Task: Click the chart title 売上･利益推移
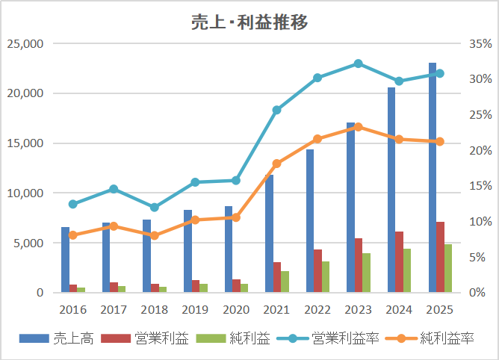(x=249, y=22)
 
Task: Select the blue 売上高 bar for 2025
(x=433, y=179)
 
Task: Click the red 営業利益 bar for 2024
(x=400, y=262)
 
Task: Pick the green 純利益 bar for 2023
(x=367, y=273)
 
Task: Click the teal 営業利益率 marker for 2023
(x=359, y=63)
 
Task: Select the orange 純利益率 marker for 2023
(x=359, y=127)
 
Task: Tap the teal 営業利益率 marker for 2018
(x=155, y=207)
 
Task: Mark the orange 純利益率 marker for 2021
(x=277, y=164)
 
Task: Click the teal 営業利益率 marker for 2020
(x=236, y=180)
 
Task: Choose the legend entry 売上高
(x=66, y=338)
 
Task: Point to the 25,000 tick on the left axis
(x=25, y=44)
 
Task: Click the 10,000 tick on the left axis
(x=25, y=193)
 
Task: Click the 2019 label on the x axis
(x=196, y=309)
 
